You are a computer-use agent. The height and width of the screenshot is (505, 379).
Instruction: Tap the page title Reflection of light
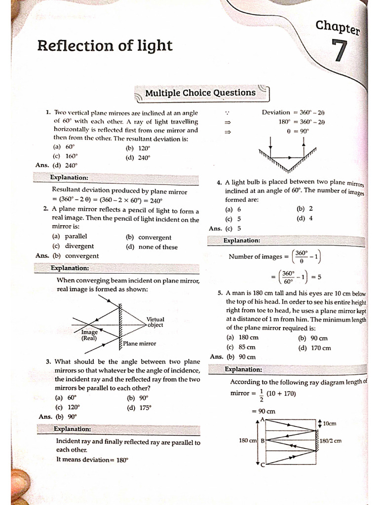point(105,46)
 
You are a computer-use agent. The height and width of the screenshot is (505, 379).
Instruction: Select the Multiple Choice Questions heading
point(200,93)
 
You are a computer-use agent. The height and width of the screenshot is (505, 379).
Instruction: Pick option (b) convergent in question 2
point(149,237)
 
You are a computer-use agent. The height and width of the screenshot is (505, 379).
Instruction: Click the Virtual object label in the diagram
point(155,323)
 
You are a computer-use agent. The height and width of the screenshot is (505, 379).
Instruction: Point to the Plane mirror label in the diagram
point(140,343)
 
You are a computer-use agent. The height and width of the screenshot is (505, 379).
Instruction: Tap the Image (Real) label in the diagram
point(89,335)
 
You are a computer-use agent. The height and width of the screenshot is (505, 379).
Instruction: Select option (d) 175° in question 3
point(139,407)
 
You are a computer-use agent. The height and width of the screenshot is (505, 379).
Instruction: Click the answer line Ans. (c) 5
point(225,228)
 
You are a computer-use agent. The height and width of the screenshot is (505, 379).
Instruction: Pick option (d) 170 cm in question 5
point(314,348)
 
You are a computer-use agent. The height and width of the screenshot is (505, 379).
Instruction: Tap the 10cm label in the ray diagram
point(329,423)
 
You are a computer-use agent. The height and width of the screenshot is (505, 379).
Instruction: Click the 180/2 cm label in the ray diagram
point(331,441)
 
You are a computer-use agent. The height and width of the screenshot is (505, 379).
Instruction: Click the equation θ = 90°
point(298,131)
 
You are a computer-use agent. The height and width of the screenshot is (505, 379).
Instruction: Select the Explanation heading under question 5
point(243,369)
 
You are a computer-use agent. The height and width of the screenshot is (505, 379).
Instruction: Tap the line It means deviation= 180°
point(92,460)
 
